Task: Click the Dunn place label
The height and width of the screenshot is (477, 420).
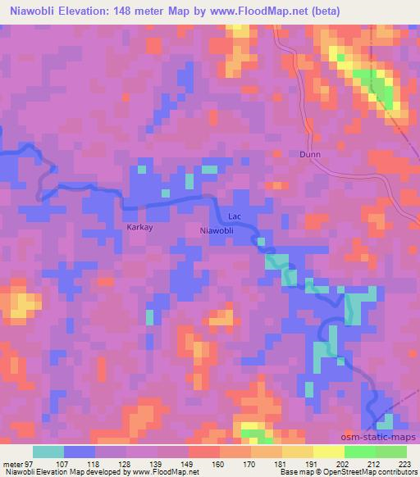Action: click(x=310, y=153)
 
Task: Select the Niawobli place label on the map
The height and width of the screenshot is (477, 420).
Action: click(x=217, y=231)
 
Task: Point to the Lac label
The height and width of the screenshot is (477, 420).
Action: click(x=235, y=216)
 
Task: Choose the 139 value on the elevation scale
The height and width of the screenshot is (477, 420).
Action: click(x=157, y=463)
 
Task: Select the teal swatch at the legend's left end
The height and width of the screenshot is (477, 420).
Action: click(x=48, y=452)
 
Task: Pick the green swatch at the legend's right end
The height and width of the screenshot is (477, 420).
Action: click(x=390, y=452)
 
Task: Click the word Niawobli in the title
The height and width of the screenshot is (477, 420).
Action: click(x=32, y=11)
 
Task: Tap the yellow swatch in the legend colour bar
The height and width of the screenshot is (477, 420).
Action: click(x=328, y=452)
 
